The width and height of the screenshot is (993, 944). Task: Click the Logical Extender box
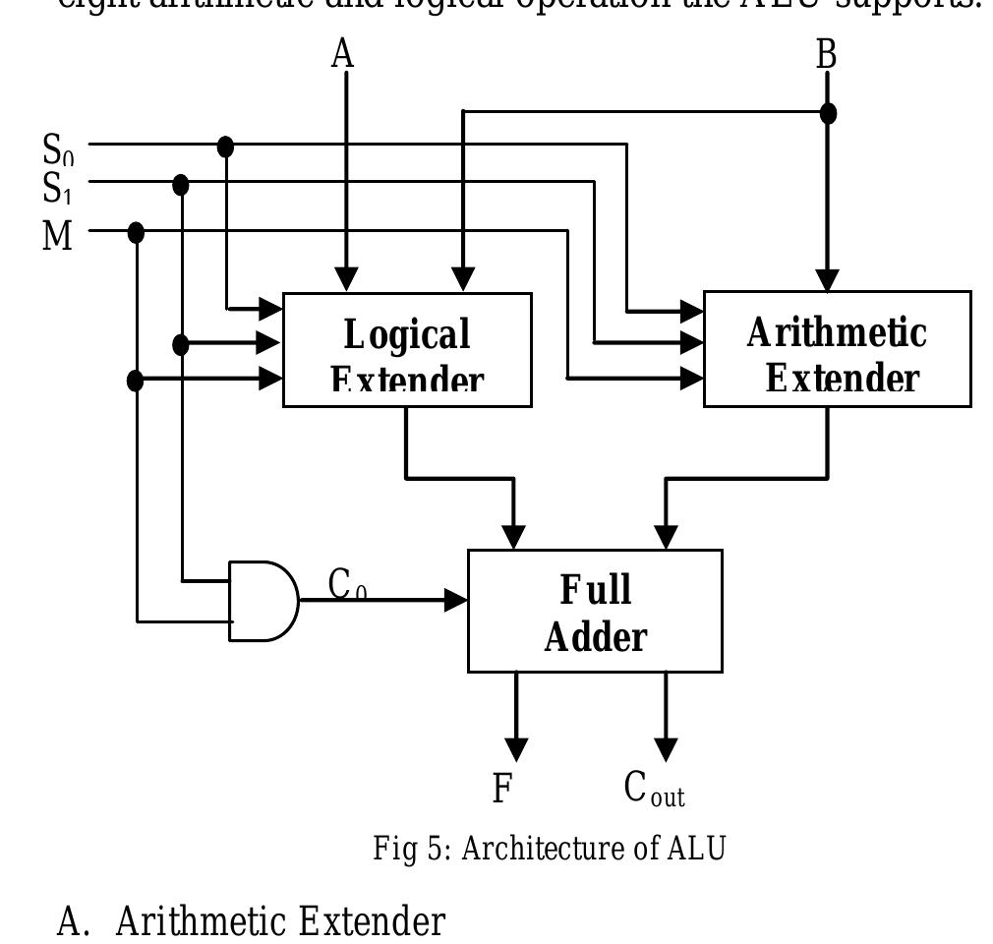407,350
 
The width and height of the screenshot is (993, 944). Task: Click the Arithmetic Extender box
837,349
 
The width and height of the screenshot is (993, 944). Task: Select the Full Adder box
595,611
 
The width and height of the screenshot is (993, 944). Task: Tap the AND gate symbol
262,601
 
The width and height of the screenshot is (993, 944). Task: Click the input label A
341,54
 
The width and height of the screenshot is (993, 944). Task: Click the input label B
826,54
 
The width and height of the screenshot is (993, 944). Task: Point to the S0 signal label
58,151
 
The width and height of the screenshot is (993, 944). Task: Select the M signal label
58,236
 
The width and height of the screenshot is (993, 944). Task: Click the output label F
502,788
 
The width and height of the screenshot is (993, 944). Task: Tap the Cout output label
654,789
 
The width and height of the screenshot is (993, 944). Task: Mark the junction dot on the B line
828,113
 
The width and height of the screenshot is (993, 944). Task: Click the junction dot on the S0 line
225,147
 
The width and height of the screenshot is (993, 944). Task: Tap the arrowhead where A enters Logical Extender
346,279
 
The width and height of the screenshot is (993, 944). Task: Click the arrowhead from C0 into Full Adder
455,599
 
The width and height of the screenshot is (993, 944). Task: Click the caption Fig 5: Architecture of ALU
549,848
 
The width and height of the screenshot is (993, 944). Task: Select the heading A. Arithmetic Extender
251,922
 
